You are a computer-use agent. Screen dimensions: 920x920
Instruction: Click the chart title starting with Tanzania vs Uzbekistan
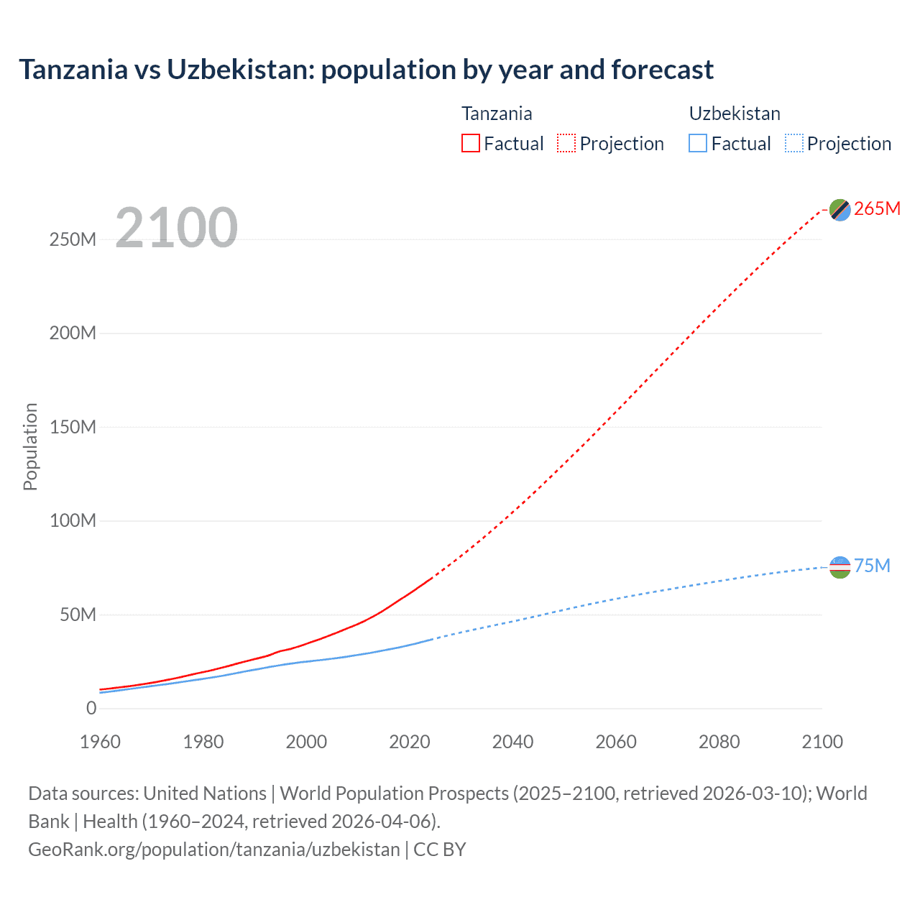click(x=366, y=70)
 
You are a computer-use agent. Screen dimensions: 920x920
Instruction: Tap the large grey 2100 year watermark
click(x=176, y=228)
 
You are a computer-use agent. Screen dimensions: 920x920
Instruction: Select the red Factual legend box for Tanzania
click(x=471, y=144)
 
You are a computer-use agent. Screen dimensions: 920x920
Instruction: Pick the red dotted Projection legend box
click(x=566, y=144)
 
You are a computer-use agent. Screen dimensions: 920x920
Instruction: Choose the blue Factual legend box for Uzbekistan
click(x=698, y=144)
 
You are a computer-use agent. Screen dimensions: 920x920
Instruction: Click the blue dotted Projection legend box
click(x=794, y=144)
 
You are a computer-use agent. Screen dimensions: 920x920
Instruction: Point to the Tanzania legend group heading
click(x=497, y=114)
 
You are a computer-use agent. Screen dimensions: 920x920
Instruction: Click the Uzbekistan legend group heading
click(x=735, y=114)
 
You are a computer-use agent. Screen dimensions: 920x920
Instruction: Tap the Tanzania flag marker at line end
click(x=839, y=209)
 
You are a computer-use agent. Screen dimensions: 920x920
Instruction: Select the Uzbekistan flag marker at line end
click(x=839, y=567)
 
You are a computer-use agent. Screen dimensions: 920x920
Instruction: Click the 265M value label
click(x=877, y=208)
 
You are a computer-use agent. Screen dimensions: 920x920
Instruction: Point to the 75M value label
click(x=872, y=566)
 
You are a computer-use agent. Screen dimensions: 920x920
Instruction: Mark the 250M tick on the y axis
click(x=73, y=239)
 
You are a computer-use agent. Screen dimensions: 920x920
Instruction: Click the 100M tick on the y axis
click(x=73, y=520)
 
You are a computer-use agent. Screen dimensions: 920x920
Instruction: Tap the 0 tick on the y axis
click(x=91, y=708)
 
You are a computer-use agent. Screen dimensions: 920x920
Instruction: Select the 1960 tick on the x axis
click(x=101, y=742)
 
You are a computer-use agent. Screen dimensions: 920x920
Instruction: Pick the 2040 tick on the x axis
click(x=512, y=742)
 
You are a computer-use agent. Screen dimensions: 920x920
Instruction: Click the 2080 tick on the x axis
click(x=719, y=742)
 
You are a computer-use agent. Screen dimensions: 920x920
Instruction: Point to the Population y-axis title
click(x=30, y=446)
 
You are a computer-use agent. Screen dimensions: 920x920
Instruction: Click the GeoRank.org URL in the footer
click(x=214, y=850)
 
